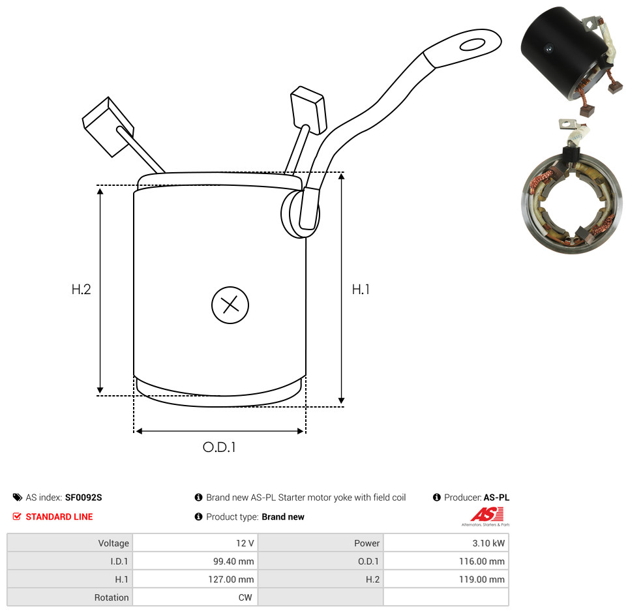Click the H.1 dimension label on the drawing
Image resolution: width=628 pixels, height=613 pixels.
tap(361, 289)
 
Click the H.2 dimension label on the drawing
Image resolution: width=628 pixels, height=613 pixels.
tap(81, 289)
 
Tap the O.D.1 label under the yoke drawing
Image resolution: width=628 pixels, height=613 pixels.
tap(219, 447)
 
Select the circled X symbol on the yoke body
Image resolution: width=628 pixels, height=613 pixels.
tap(230, 305)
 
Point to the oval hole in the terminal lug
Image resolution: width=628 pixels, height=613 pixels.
tap(473, 44)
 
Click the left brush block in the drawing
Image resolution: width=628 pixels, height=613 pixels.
tap(108, 127)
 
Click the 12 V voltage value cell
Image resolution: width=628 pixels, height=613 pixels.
tap(245, 543)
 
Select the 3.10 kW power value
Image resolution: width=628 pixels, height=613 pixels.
tap(488, 543)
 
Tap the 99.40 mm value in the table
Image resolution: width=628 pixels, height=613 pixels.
tap(233, 561)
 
